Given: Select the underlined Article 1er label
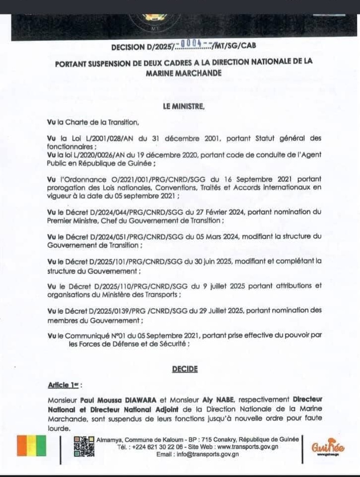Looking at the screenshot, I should click(x=64, y=385).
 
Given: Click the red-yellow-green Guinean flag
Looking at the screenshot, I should click(x=31, y=446).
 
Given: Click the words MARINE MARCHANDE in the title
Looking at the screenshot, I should click(x=183, y=72).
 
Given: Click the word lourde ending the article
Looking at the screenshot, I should click(x=59, y=427).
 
